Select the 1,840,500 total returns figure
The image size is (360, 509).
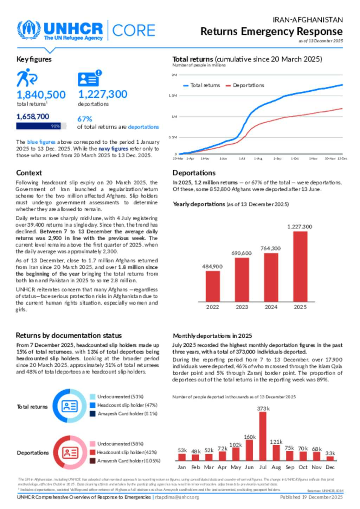41,94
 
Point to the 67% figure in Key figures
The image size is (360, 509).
84,119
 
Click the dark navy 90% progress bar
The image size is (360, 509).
38,126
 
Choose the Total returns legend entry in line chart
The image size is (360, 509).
202,85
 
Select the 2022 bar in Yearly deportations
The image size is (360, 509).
212,286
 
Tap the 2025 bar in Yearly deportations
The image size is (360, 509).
300,266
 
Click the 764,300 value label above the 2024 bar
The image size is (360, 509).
270,248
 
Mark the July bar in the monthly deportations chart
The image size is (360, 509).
263,436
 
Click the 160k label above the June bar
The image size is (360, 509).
250,437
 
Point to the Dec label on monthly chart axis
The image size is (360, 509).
330,467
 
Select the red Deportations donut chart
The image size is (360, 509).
70,452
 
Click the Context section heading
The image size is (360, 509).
29,173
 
